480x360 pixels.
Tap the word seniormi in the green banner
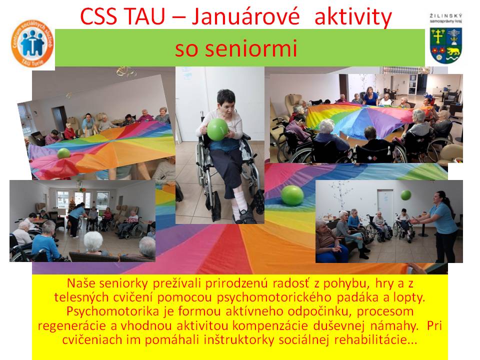point(236,48)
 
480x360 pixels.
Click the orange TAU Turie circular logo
point(32,43)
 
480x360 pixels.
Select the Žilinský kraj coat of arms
point(446,45)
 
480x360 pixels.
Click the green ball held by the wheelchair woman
point(217,129)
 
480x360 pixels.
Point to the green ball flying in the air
point(406,195)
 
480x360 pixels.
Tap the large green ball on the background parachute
point(292,195)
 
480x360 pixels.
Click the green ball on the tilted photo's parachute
point(63,153)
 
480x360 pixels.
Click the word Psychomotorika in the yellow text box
point(112,311)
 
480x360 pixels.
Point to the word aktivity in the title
point(353,17)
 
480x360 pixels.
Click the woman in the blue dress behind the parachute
point(370,96)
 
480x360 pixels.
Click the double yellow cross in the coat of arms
point(438,36)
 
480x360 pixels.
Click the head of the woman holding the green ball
point(225,99)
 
